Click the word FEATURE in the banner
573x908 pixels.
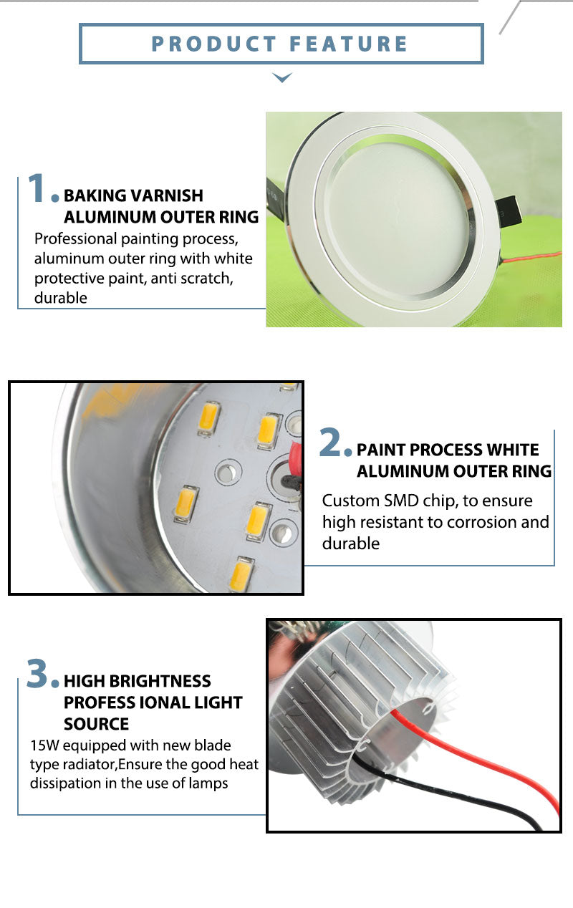349,44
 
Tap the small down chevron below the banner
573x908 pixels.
283,77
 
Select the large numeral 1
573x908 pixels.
37,188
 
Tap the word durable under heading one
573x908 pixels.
61,298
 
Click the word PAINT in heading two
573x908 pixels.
382,450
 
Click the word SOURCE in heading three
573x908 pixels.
96,724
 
